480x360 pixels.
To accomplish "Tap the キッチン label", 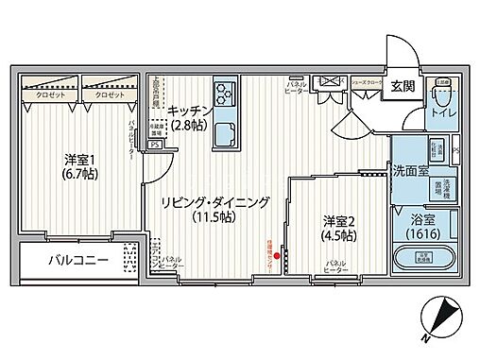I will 190,109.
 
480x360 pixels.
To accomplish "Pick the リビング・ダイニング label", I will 215,202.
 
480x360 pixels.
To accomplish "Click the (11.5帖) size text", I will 215,218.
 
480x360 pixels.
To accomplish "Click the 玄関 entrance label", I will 403,87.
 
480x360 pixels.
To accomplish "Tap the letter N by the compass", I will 427,338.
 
